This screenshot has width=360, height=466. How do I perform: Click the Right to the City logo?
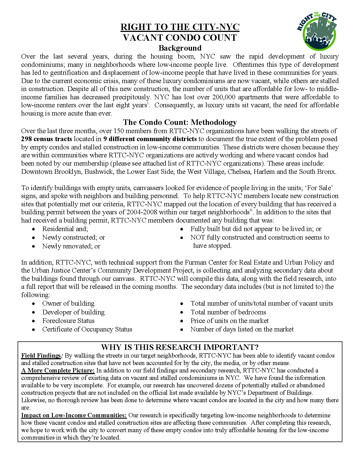coord(317,31)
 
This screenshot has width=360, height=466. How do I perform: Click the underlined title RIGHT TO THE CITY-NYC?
coord(180,27)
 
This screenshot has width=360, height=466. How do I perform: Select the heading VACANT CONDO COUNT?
coord(180,37)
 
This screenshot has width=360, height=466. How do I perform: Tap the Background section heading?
coord(180,48)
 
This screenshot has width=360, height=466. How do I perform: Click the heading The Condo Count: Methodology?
coord(180,122)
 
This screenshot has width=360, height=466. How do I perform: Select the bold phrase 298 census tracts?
coord(46,139)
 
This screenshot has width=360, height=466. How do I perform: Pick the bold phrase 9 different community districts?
coord(150,139)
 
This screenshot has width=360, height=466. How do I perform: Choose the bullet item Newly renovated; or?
coord(71,246)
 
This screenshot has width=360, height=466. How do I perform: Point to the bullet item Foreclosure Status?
coord(68,321)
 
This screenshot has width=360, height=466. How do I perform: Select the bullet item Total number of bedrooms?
coord(228,312)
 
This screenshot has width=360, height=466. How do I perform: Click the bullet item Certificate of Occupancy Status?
coord(87,329)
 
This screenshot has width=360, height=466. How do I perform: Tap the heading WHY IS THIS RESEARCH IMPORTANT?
coord(180,347)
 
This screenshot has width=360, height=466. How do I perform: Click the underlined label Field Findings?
coord(41,355)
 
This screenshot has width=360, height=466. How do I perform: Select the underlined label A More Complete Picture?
coord(58,371)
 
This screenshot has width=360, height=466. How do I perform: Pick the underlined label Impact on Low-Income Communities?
coord(74,415)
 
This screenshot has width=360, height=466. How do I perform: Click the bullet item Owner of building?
coord(68,303)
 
